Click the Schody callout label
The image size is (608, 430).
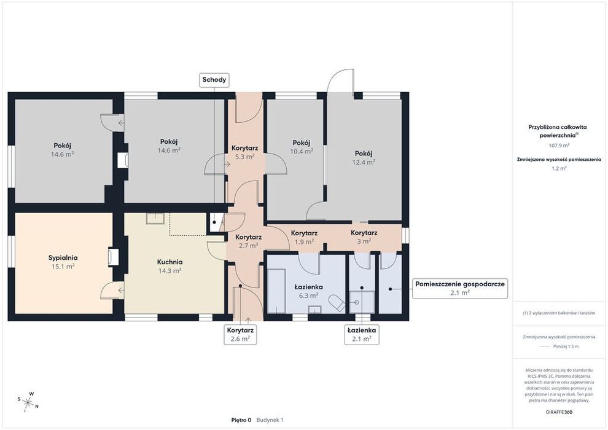214,80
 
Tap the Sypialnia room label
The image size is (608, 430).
63,257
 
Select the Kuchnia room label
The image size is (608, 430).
170,262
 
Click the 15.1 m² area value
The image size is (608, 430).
63,267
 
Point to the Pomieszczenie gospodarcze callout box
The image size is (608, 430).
460,288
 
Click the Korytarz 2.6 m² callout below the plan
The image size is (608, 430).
240,334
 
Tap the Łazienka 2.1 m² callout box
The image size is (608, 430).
362,334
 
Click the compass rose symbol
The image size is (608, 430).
28,402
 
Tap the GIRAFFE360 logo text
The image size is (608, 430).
558,412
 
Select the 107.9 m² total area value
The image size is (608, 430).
559,146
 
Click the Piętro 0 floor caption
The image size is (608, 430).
241,420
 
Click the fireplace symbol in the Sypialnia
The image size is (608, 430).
113,257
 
